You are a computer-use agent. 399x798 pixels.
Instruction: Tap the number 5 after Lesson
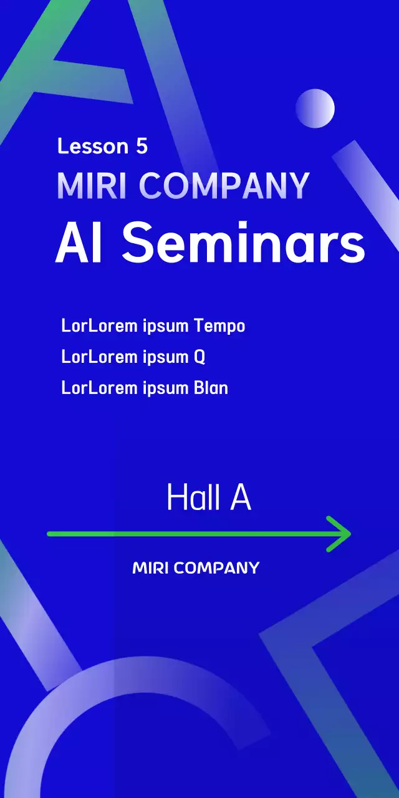coord(141,146)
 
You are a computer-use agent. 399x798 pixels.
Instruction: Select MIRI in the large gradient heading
coord(92,185)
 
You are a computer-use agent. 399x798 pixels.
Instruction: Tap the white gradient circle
coord(315,108)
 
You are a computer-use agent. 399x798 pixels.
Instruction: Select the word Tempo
coord(219,326)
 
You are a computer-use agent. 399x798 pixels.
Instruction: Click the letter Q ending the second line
coord(199,357)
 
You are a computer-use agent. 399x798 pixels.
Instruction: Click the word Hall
coord(193,498)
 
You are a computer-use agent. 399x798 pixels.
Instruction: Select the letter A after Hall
coord(241,498)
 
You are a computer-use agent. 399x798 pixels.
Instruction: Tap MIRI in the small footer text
coord(150,568)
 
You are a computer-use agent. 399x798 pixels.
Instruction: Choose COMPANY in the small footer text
coord(216,568)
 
